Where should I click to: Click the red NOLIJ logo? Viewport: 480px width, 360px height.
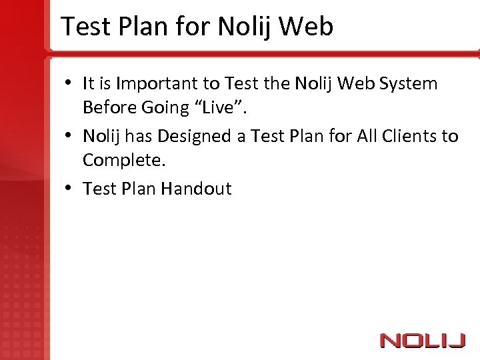(x=422, y=341)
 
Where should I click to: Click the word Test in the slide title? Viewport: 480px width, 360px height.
(x=85, y=27)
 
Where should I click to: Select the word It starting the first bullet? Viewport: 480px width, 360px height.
(x=88, y=84)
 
